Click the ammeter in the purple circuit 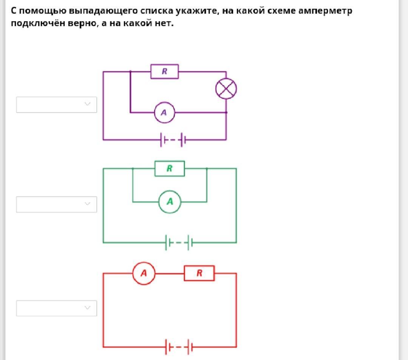pos(164,112)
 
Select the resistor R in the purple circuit pos(165,71)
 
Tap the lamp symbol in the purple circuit pos(226,89)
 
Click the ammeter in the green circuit pos(170,202)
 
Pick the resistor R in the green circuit pos(170,169)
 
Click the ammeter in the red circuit pos(144,273)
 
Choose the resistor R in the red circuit pos(199,273)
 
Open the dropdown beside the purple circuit pos(56,105)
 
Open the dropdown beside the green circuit pos(56,204)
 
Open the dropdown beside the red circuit pos(56,308)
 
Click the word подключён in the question pos(38,23)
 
